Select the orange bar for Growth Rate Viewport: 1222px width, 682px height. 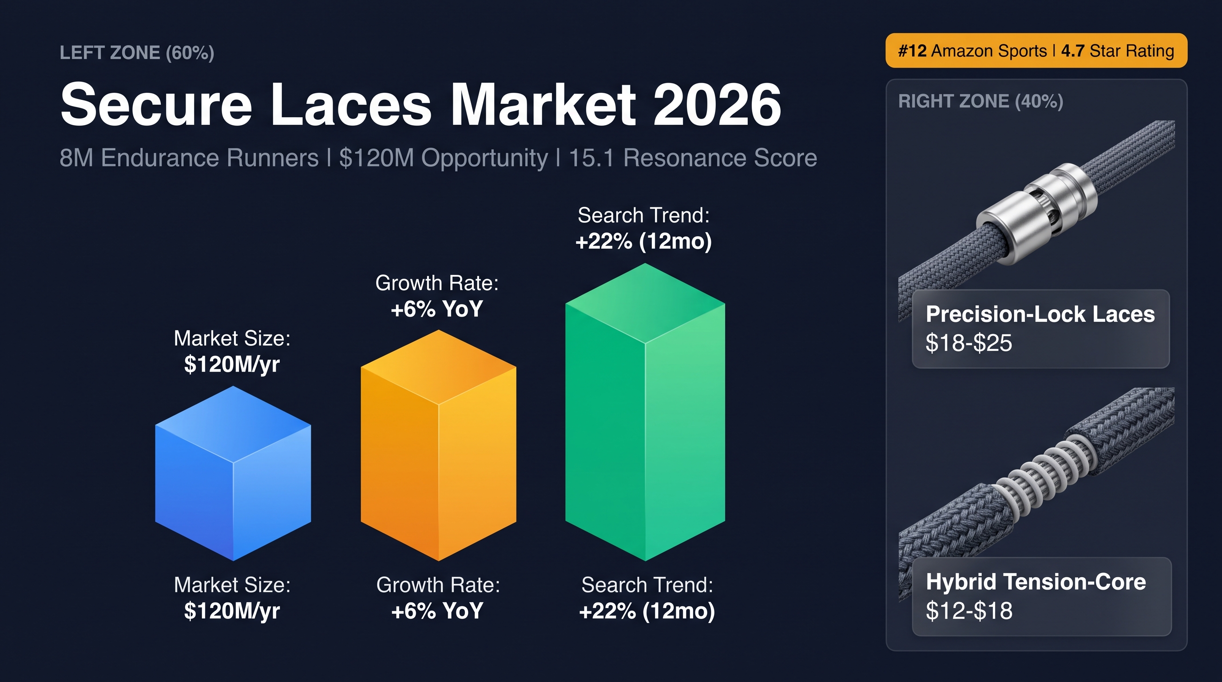click(438, 445)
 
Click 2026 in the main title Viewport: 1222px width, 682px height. click(717, 104)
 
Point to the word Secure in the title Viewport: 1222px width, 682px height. click(156, 104)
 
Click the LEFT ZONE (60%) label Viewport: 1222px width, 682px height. click(137, 53)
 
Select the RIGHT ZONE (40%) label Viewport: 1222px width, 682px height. click(980, 101)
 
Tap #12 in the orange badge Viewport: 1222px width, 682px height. click(912, 51)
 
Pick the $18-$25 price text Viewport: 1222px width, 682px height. click(969, 342)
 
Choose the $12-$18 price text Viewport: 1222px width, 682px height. click(969, 611)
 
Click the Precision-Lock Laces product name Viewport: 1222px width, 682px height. click(1040, 314)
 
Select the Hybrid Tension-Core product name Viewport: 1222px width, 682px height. click(1036, 582)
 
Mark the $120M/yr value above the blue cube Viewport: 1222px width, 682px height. click(232, 364)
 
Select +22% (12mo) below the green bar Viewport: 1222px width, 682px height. click(647, 611)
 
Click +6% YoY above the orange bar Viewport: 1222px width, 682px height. click(437, 309)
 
